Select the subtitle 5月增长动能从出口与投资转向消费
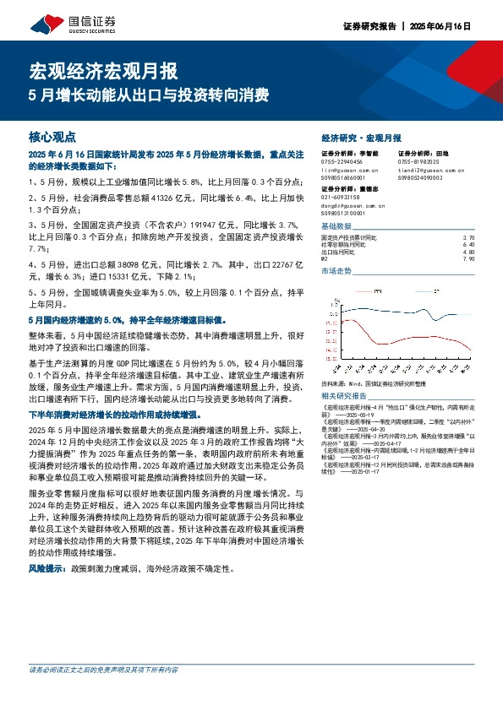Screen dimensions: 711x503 click(x=149, y=95)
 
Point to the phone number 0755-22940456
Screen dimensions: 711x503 click(x=342, y=161)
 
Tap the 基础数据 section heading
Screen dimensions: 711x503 click(x=336, y=227)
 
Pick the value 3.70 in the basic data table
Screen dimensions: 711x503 click(x=470, y=238)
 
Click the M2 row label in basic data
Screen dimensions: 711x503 click(x=325, y=258)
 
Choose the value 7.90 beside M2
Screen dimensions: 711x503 click(x=470, y=258)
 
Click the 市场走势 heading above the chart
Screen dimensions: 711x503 click(x=336, y=272)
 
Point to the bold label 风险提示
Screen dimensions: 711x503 click(x=47, y=570)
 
